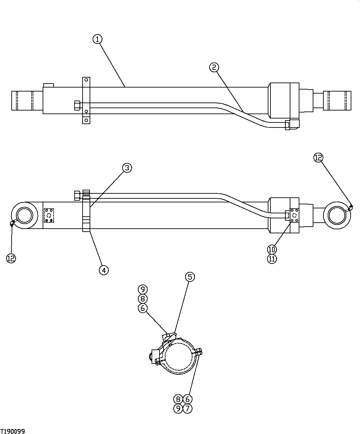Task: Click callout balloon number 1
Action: [x=97, y=40]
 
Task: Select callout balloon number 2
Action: [x=214, y=67]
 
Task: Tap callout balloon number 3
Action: [x=127, y=168]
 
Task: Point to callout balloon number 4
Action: [x=104, y=270]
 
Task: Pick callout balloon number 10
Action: [x=272, y=249]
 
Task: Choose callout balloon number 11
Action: [x=272, y=259]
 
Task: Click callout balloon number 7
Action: [x=188, y=408]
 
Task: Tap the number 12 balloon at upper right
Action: [x=318, y=157]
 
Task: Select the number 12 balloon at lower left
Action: [x=11, y=258]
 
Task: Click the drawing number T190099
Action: [x=13, y=431]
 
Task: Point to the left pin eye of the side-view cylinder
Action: [x=23, y=215]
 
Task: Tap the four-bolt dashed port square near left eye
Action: [x=49, y=215]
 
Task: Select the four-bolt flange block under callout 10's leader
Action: [x=294, y=215]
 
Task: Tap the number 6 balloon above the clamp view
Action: [x=143, y=309]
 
